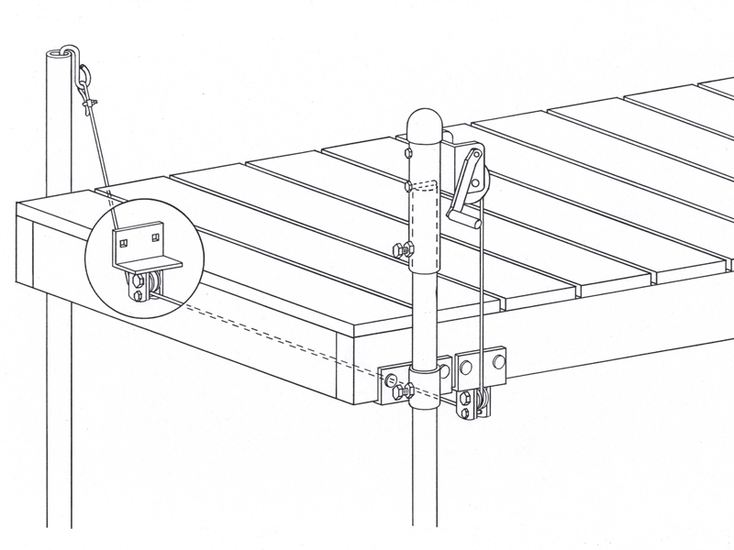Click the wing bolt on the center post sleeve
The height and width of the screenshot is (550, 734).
[402, 248]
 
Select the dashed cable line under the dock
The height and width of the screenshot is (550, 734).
[275, 335]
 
